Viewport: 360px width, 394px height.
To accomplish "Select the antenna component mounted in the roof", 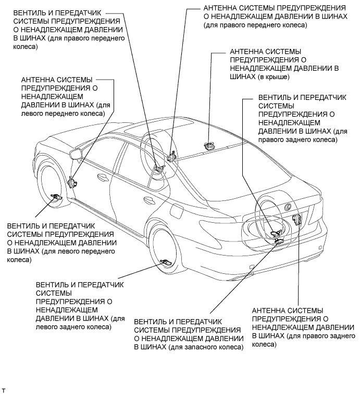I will (x=209, y=146).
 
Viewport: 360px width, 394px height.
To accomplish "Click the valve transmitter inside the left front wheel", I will (x=56, y=196).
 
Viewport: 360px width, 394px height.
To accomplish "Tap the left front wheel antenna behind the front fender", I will (x=72, y=182).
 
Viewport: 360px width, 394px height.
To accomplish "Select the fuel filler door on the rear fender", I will (x=176, y=212).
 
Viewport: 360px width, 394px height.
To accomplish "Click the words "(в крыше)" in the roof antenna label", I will (x=271, y=76).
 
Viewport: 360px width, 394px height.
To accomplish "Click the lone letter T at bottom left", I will (x=4, y=389).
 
